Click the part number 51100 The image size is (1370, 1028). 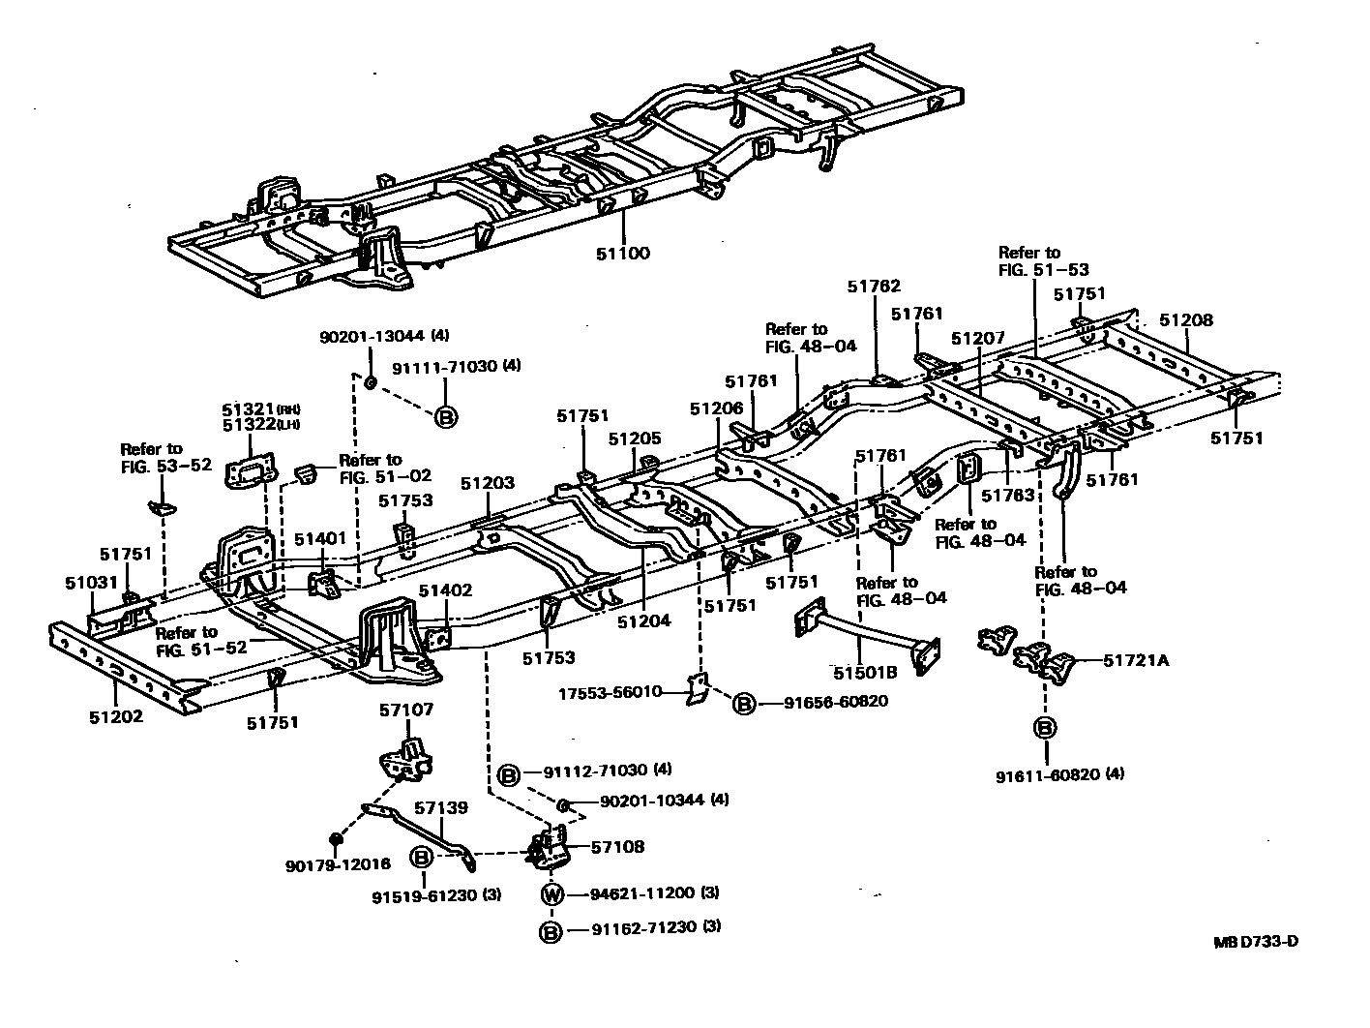tap(623, 254)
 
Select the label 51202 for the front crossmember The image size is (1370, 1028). tap(116, 717)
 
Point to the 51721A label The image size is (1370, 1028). tap(1138, 661)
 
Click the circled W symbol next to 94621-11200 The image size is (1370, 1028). tap(551, 893)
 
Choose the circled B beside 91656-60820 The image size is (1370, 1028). tap(743, 703)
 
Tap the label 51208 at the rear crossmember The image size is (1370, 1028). tap(1185, 320)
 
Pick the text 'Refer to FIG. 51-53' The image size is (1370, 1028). tap(1029, 261)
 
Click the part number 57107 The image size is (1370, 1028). tap(405, 710)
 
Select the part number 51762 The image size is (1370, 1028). tap(874, 286)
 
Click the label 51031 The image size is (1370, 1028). tap(92, 582)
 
